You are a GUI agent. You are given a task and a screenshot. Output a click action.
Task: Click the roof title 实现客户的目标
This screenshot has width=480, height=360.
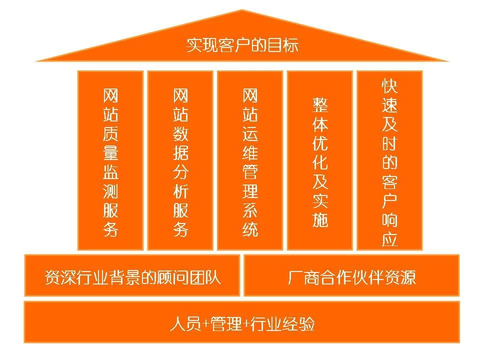click(x=242, y=45)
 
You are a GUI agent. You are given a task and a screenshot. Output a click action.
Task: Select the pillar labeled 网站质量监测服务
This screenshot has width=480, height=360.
click(x=110, y=160)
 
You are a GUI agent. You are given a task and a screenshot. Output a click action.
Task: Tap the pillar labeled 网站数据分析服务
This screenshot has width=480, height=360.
click(x=180, y=160)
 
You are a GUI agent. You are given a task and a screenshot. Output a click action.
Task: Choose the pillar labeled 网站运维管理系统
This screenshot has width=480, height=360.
click(x=250, y=160)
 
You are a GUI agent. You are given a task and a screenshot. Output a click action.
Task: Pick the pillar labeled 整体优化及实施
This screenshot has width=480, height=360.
click(x=320, y=160)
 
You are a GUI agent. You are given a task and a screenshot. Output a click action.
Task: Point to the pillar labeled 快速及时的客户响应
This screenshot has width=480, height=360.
click(x=389, y=160)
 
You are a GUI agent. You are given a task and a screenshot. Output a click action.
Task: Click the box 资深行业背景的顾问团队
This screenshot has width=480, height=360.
click(x=132, y=276)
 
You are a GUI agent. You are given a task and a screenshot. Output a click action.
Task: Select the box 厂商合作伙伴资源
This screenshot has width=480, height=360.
click(x=351, y=276)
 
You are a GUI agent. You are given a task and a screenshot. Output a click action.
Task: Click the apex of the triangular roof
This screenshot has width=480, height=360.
click(x=242, y=11)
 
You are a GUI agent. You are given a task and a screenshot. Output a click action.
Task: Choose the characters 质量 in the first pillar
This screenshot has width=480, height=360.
click(x=110, y=144)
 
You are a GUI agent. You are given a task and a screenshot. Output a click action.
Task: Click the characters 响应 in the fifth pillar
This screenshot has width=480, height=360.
click(x=389, y=229)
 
